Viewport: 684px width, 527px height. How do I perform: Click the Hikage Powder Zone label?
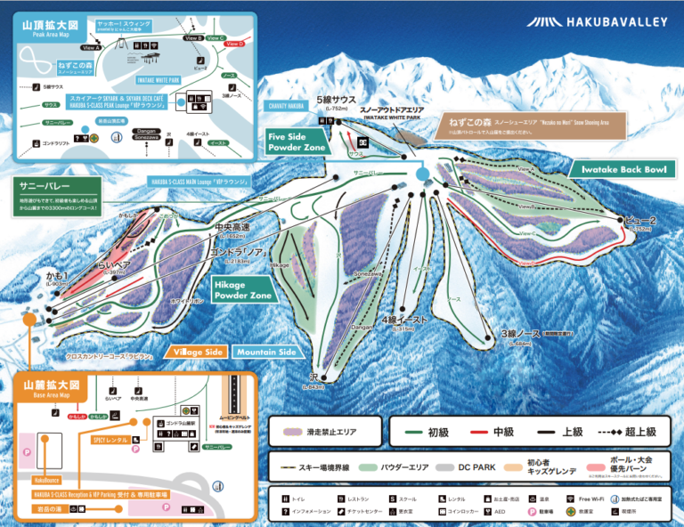tap(242, 288)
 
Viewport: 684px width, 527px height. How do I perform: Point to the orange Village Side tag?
tap(199, 352)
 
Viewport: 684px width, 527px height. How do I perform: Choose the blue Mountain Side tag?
tap(265, 352)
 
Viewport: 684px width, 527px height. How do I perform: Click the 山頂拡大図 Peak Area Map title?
tap(44, 27)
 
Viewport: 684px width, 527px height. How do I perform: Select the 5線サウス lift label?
tap(335, 100)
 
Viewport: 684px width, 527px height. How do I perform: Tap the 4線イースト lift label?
tap(406, 319)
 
